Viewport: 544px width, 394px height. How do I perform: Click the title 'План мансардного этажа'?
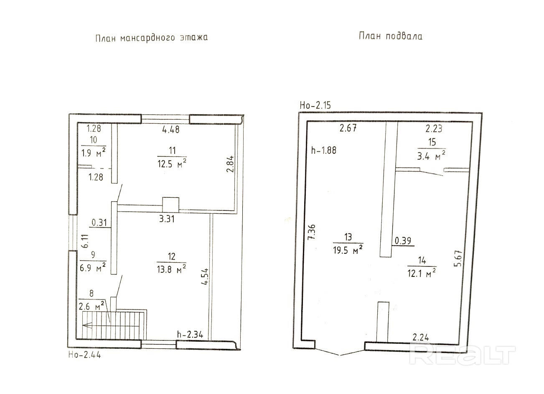pyautogui.click(x=151, y=38)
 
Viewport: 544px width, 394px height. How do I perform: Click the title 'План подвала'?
pyautogui.click(x=390, y=36)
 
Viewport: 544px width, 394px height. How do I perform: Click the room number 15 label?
pyautogui.click(x=432, y=142)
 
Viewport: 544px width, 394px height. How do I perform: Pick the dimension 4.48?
pyautogui.click(x=170, y=130)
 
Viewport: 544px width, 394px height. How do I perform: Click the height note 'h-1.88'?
pyautogui.click(x=324, y=151)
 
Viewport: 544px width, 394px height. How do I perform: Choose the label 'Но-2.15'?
pyautogui.click(x=315, y=105)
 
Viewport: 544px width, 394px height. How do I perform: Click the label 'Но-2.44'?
pyautogui.click(x=84, y=356)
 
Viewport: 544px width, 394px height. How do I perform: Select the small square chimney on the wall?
pyautogui.click(x=170, y=205)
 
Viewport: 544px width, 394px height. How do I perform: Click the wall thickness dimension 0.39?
pyautogui.click(x=403, y=240)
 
